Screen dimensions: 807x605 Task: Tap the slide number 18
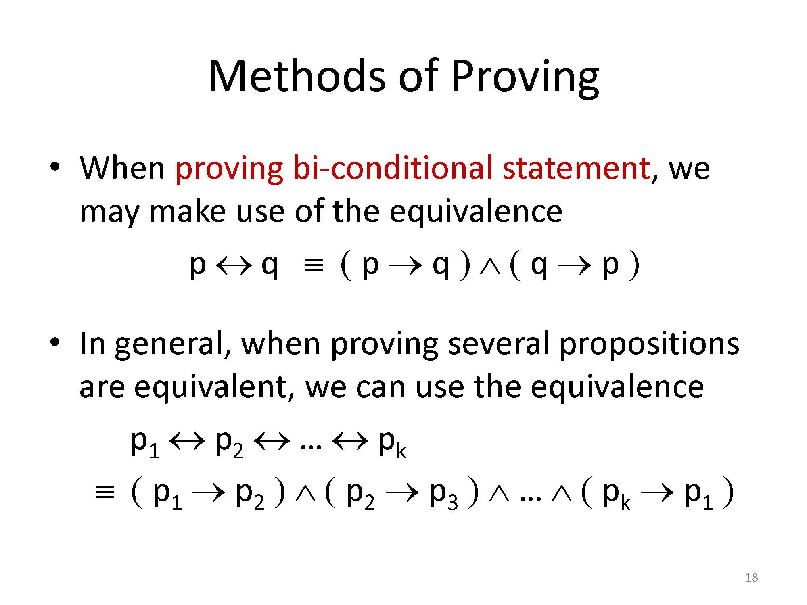click(x=752, y=578)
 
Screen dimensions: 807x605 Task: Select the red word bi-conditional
click(x=394, y=167)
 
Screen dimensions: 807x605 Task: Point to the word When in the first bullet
click(x=122, y=168)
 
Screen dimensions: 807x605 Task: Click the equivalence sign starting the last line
click(x=104, y=493)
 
